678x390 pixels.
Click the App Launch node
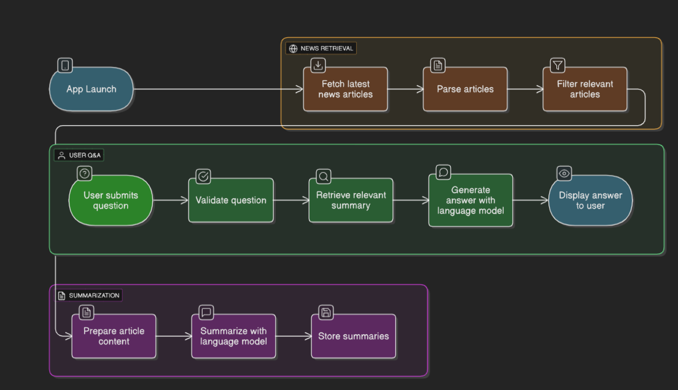click(x=91, y=90)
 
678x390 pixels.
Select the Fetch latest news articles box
click(x=345, y=90)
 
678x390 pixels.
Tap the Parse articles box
click(x=465, y=90)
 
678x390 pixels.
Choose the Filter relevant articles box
click(x=585, y=90)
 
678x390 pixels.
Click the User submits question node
click(x=111, y=201)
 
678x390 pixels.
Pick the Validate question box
click(x=231, y=201)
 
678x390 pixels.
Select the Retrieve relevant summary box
click(x=351, y=201)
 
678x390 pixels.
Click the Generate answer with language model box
click(x=470, y=201)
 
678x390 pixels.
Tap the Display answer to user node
click(x=590, y=201)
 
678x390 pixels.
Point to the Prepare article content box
click(x=114, y=336)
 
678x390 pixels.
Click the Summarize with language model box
click(x=233, y=336)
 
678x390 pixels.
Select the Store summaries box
click(x=353, y=336)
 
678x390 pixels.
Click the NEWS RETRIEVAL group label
click(x=321, y=48)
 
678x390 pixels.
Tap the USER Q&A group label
click(x=79, y=156)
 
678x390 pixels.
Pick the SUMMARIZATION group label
click(x=89, y=296)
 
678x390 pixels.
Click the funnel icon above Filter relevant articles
click(x=557, y=65)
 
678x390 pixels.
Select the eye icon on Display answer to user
click(x=564, y=174)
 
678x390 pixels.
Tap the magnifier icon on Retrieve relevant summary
click(x=324, y=177)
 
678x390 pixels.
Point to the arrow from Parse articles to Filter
click(x=525, y=90)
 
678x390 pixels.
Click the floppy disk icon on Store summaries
click(x=326, y=313)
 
